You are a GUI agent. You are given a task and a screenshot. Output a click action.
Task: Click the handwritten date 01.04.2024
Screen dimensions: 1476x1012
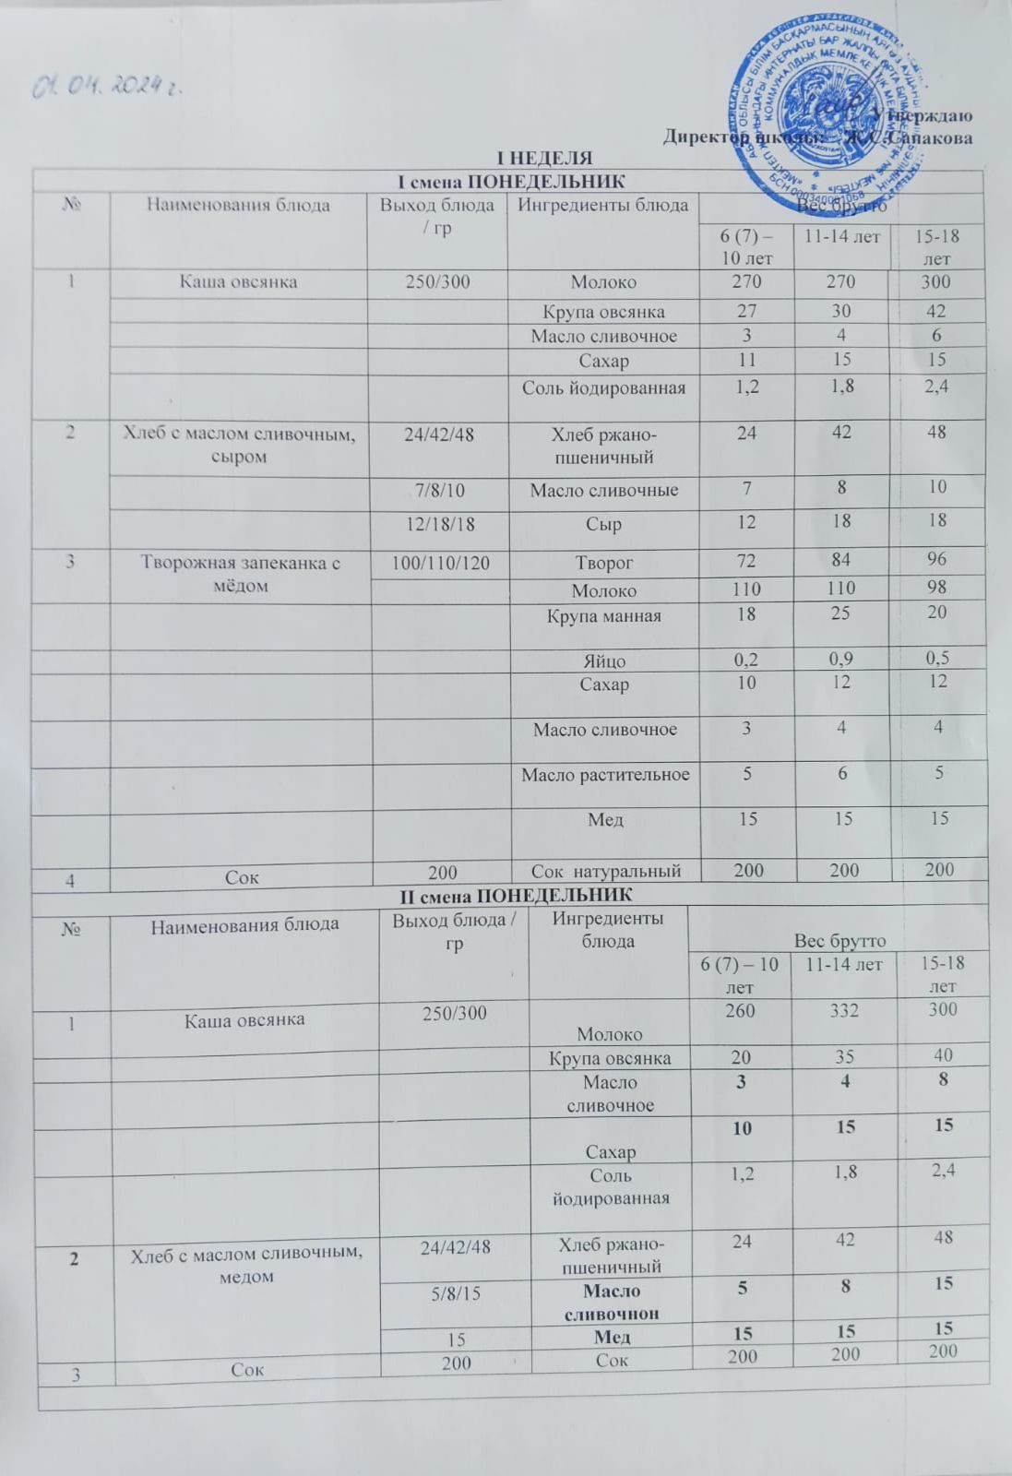(x=104, y=88)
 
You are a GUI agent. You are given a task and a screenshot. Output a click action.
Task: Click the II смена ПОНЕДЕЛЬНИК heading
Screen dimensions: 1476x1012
(x=515, y=894)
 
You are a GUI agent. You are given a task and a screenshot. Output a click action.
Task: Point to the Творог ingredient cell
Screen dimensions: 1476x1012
(x=604, y=562)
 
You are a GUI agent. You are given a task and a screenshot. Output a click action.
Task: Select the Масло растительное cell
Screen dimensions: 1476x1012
(x=605, y=775)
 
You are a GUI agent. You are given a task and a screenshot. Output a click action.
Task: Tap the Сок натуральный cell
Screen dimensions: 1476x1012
(x=605, y=870)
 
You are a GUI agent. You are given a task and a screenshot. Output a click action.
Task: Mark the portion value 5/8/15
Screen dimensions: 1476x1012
(x=456, y=1293)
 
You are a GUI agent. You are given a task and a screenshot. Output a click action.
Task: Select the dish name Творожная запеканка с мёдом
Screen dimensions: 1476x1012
(x=239, y=573)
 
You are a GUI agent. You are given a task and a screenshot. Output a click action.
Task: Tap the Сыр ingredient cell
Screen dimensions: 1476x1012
(x=604, y=525)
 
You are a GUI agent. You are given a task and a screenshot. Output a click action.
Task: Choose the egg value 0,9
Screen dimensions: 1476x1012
(x=840, y=661)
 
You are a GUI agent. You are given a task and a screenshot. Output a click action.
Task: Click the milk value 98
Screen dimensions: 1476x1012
(x=938, y=589)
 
